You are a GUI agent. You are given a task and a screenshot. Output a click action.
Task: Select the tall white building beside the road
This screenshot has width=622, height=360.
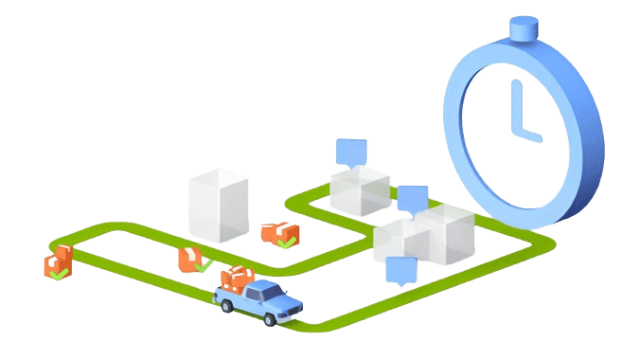(x=219, y=204)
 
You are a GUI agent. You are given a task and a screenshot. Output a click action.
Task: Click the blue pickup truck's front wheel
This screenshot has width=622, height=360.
(x=272, y=320)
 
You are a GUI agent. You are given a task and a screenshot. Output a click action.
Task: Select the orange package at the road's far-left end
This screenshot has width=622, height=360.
(x=57, y=260)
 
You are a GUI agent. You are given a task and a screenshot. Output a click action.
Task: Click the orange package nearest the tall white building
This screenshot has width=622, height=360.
(x=278, y=232)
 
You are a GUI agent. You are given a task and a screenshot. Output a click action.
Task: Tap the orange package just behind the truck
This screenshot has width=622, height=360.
(x=190, y=258)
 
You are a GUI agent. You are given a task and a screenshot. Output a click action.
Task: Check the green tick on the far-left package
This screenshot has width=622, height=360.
(x=59, y=273)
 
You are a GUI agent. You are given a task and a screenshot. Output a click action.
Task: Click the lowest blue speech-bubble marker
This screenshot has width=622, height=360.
(x=401, y=270)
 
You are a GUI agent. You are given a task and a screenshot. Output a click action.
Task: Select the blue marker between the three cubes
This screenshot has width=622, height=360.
(x=413, y=199)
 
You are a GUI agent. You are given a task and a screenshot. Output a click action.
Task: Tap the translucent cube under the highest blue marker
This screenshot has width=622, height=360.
(x=360, y=192)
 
